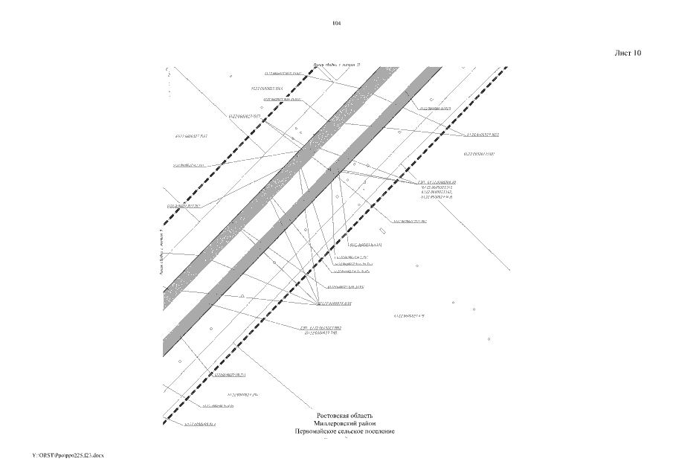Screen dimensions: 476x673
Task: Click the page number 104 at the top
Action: pyautogui.click(x=336, y=24)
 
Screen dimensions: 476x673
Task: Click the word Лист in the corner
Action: pyautogui.click(x=622, y=53)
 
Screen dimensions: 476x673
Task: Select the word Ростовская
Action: pyautogui.click(x=334, y=415)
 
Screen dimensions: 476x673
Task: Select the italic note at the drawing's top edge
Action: pyautogui.click(x=337, y=65)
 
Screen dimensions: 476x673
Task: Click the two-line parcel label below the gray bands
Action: pyautogui.click(x=321, y=331)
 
